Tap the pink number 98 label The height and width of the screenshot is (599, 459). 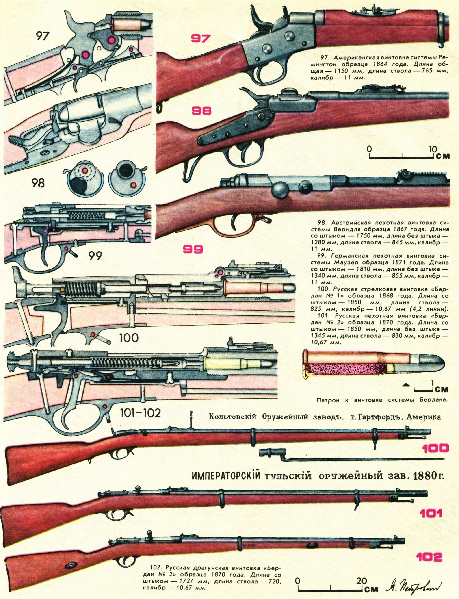point(201,111)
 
